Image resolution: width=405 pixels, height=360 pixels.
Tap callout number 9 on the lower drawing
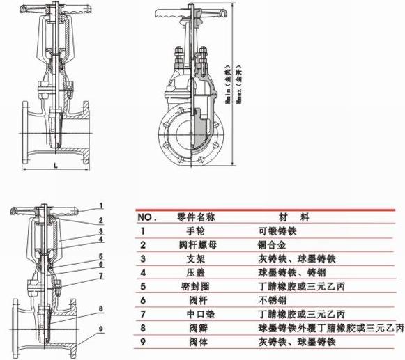click(102, 329)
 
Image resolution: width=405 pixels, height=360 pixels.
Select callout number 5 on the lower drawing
click(102, 258)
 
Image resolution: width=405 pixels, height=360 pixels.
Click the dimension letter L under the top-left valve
click(55, 165)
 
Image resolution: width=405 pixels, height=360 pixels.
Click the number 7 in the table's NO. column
click(143, 314)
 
